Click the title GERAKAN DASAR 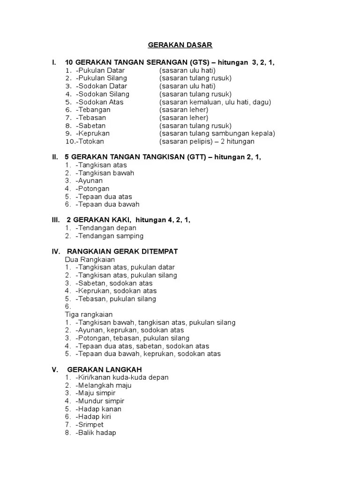point(180,45)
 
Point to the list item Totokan point(91,141)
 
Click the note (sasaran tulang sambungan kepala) point(217,133)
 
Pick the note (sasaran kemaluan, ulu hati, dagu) point(215,102)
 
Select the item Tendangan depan point(106,228)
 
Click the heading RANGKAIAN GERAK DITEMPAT point(122,252)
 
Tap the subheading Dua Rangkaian point(90,259)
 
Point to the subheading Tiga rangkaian point(89,315)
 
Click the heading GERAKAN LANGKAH point(105,369)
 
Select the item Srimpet point(90,425)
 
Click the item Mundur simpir point(101,401)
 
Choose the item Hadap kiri point(94,417)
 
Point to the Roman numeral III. point(55,220)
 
